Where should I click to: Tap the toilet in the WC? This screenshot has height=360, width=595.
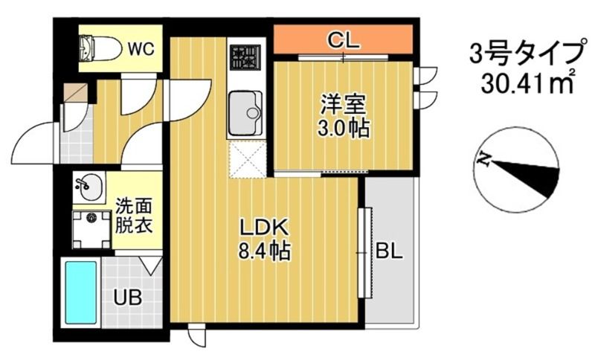tap(100, 48)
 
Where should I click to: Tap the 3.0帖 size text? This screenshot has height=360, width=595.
tap(343, 128)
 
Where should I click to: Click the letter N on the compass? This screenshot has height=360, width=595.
tap(485, 158)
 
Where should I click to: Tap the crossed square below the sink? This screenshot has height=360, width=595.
tap(246, 158)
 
